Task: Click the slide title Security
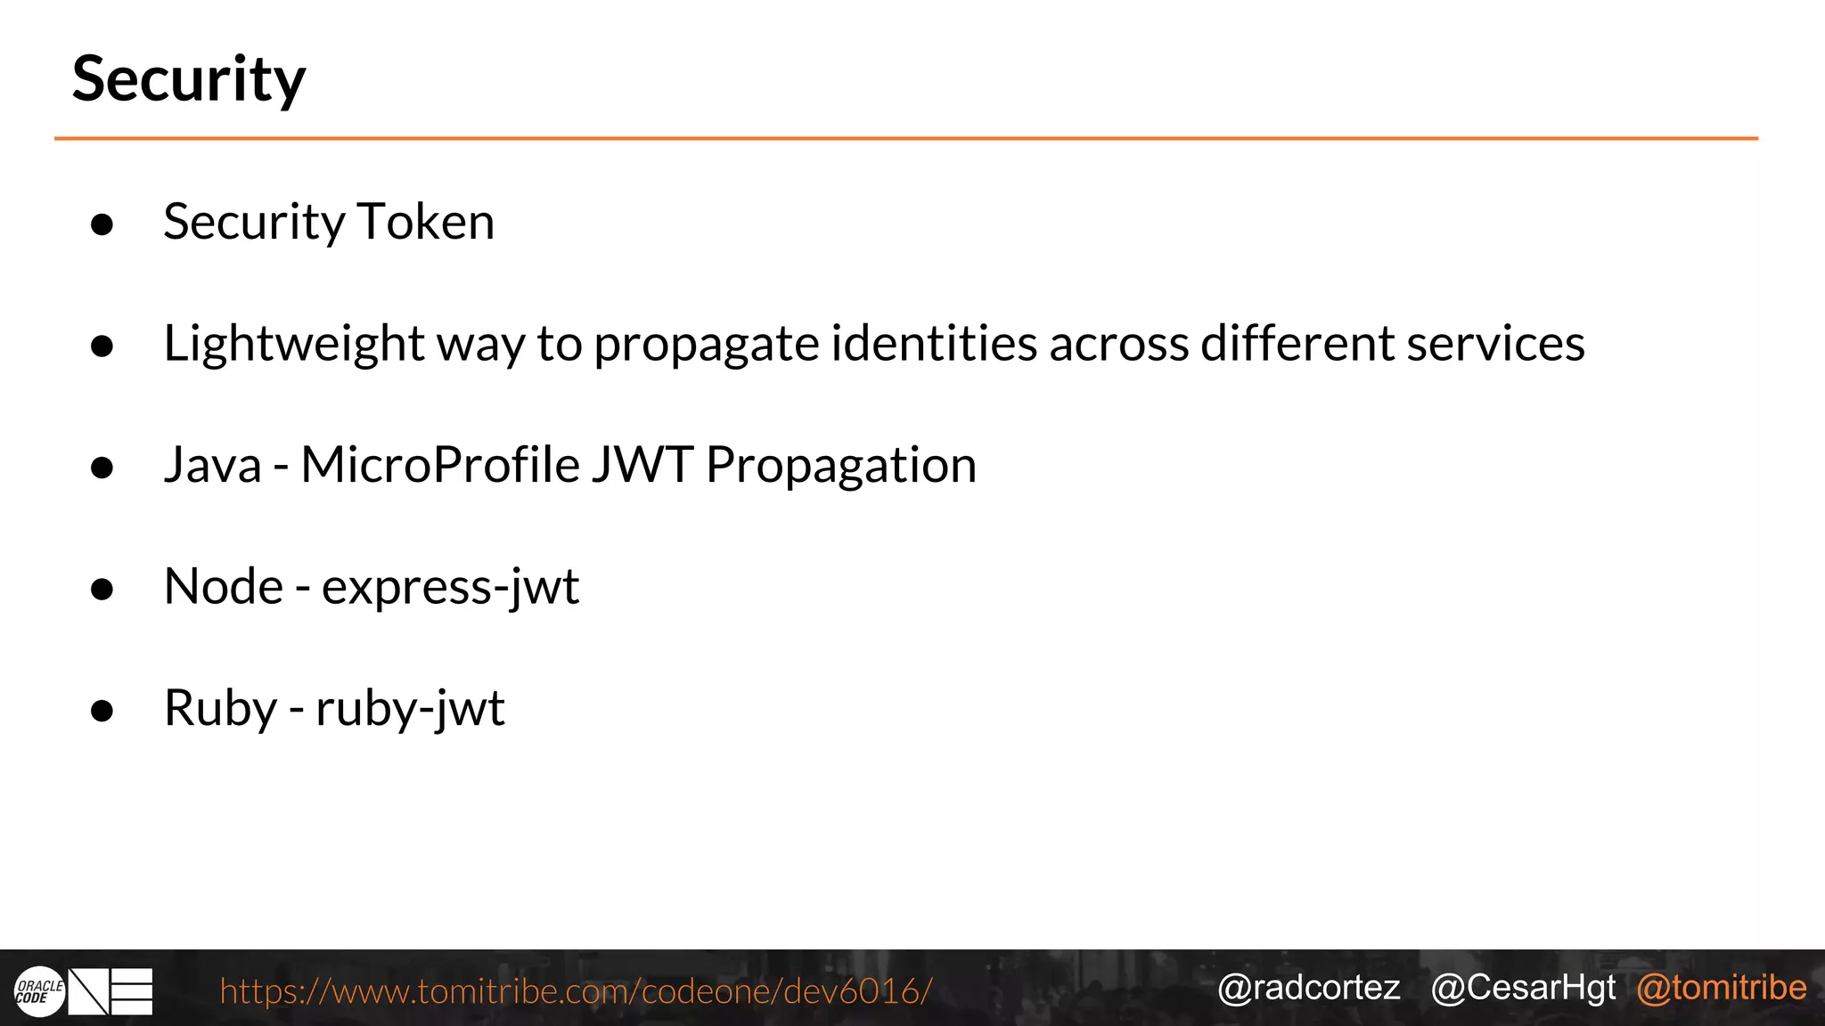[x=189, y=80]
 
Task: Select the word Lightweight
[x=294, y=345]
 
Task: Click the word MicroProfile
[x=440, y=465]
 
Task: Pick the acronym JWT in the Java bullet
[x=642, y=465]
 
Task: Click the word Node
[x=224, y=587]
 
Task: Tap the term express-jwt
[x=450, y=588]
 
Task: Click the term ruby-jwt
[x=410, y=710]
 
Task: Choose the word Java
[x=213, y=465]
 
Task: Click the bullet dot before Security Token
[x=102, y=224]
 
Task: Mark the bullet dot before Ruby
[x=102, y=711]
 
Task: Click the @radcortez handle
[x=1308, y=988]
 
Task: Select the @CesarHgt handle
[x=1523, y=988]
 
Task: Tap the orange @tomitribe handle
[x=1722, y=988]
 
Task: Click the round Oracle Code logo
[x=39, y=991]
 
